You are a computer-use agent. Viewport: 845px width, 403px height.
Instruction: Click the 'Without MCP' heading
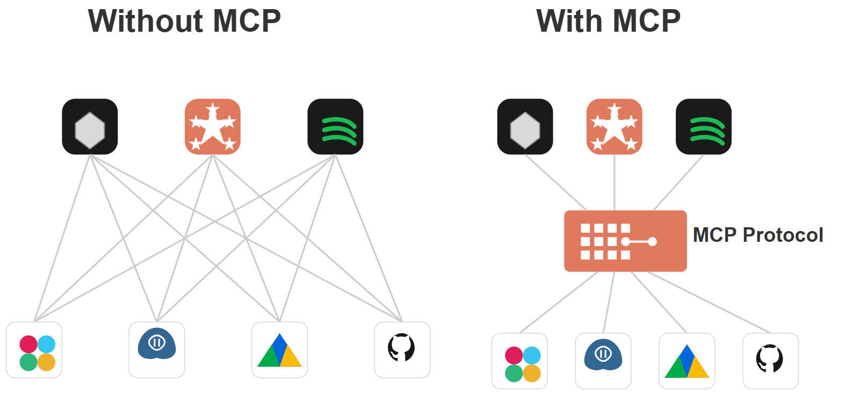(184, 21)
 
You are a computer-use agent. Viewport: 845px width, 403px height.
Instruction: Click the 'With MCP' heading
(609, 21)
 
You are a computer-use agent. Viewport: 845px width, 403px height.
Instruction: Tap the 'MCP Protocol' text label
(758, 235)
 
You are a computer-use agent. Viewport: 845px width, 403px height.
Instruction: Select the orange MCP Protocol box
(625, 241)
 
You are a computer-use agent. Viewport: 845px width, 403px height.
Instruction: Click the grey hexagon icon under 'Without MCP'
(90, 127)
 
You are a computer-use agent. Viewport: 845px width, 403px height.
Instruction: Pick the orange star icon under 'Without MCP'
(213, 127)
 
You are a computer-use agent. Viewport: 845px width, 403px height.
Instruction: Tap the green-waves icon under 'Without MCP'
(335, 127)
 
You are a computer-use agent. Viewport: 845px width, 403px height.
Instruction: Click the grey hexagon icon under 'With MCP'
(525, 127)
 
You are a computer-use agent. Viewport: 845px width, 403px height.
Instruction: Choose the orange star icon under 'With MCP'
(615, 127)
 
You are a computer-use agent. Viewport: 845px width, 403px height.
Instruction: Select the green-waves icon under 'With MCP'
(704, 127)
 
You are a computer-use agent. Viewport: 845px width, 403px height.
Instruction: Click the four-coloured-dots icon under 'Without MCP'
(34, 350)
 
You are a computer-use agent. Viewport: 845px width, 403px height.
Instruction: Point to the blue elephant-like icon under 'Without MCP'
(157, 350)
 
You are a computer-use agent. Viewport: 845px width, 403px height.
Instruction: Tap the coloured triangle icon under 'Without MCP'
(279, 350)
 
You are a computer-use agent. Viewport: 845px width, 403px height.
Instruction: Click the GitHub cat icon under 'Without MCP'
(402, 350)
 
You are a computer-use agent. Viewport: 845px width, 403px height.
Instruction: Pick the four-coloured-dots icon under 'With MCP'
(519, 361)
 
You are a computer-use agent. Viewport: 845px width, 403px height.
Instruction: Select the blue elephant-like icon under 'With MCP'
(603, 361)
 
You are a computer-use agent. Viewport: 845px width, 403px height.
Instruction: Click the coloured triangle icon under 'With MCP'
(687, 361)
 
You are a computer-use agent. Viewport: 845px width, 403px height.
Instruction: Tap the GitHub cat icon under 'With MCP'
(771, 361)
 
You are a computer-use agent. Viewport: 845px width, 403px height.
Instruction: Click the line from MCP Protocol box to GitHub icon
(709, 302)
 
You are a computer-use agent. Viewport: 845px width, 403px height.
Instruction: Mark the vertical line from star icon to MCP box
(615, 182)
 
